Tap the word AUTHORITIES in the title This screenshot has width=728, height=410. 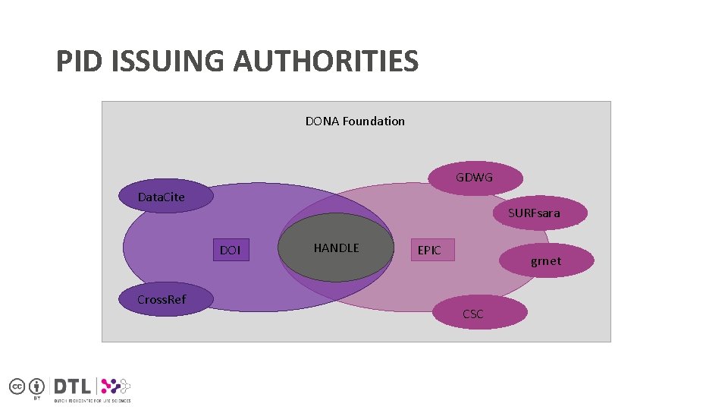tap(325, 61)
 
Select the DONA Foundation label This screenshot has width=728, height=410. tap(355, 121)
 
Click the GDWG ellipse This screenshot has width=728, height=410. tap(475, 178)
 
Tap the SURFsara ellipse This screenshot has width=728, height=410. tap(535, 213)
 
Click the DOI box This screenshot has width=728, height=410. tap(231, 250)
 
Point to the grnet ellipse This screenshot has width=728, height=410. tap(546, 261)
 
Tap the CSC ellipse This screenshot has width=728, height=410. tap(472, 313)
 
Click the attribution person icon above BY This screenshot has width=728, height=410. tap(36, 386)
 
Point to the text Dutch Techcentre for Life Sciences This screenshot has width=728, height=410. tap(91, 400)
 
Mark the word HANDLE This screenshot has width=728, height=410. tap(337, 248)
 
